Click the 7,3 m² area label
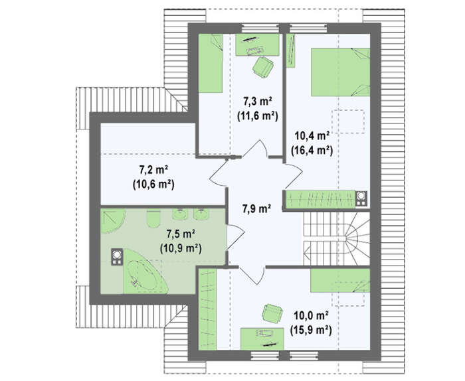[x=258, y=102]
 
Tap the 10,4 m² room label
[x=312, y=136]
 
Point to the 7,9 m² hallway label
[x=256, y=209]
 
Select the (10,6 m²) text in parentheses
[x=153, y=185]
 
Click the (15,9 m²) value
[x=311, y=330]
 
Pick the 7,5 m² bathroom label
[x=180, y=234]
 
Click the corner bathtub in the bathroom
[x=145, y=271]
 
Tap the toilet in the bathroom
[x=153, y=218]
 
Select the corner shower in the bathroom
[x=112, y=221]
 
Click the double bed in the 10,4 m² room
[x=340, y=72]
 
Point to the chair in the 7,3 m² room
[x=263, y=67]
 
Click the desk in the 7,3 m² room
[x=257, y=44]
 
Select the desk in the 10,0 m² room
[x=262, y=339]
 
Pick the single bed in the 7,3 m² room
[x=211, y=63]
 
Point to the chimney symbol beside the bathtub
[x=116, y=257]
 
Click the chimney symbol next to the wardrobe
[x=361, y=198]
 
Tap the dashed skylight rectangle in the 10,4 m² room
[x=348, y=121]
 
